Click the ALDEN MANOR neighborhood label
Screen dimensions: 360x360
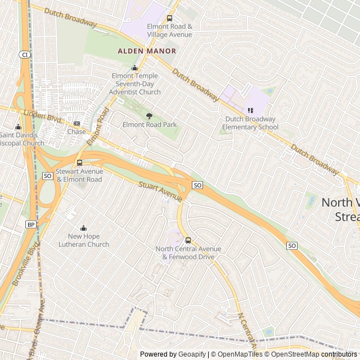147,51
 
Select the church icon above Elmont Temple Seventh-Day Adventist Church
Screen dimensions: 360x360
134,68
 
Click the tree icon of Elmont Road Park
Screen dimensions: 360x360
149,116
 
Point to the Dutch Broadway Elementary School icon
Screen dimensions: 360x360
250,111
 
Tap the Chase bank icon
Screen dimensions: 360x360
76,124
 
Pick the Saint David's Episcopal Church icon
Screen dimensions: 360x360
18,127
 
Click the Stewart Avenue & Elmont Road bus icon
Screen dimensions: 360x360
79,163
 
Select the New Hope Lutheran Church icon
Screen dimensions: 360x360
84,228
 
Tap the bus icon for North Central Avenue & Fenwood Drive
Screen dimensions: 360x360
188,240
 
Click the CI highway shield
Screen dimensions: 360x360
25,55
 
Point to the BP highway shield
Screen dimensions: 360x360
30,224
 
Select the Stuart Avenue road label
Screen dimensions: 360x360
161,191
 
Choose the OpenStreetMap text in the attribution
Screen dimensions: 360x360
295,354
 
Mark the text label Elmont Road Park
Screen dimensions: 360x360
150,124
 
